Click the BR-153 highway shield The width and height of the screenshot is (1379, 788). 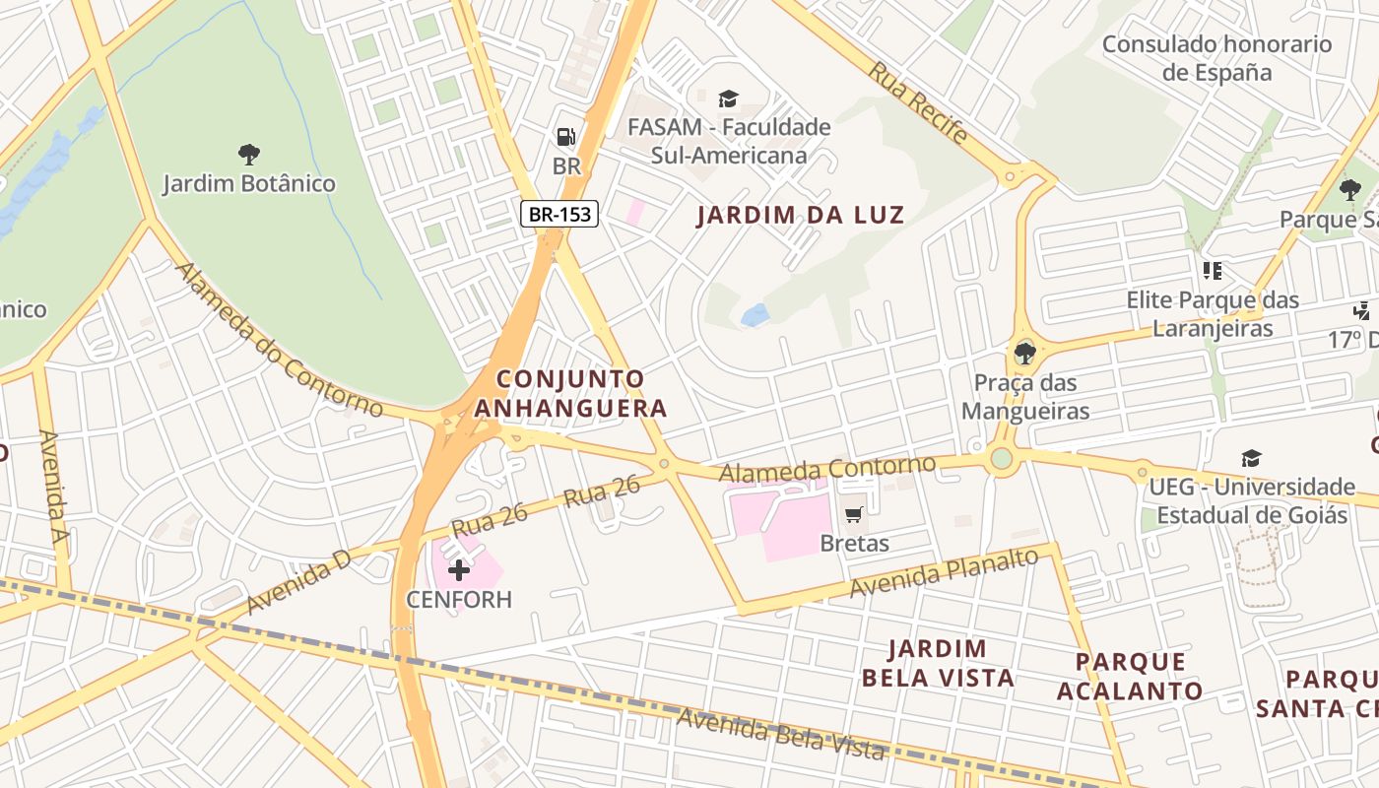pyautogui.click(x=559, y=213)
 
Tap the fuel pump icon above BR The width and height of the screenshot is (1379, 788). pyautogui.click(x=566, y=137)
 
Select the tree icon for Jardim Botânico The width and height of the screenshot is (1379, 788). pyautogui.click(x=248, y=154)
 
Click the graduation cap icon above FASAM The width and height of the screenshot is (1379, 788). pyautogui.click(x=728, y=98)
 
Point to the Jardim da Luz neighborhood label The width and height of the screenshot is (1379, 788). pyautogui.click(x=800, y=215)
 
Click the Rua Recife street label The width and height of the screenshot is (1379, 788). pyautogui.click(x=917, y=102)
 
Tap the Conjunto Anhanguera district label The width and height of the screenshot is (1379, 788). pyautogui.click(x=570, y=393)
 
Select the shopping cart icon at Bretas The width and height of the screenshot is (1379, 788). pyautogui.click(x=854, y=514)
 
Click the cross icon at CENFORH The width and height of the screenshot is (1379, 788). pyautogui.click(x=459, y=569)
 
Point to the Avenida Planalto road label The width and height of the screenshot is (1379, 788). pyautogui.click(x=944, y=573)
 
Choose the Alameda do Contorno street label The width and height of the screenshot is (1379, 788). pyautogui.click(x=278, y=339)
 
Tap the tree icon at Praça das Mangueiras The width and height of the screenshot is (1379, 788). pyautogui.click(x=1024, y=353)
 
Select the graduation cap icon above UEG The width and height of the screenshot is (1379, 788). pyautogui.click(x=1251, y=458)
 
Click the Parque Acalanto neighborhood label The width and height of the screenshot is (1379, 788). pyautogui.click(x=1130, y=676)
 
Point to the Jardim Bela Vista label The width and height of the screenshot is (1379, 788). pyautogui.click(x=938, y=663)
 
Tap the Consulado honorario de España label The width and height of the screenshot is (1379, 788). pyautogui.click(x=1216, y=58)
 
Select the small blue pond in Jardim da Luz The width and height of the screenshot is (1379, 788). pyautogui.click(x=755, y=315)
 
